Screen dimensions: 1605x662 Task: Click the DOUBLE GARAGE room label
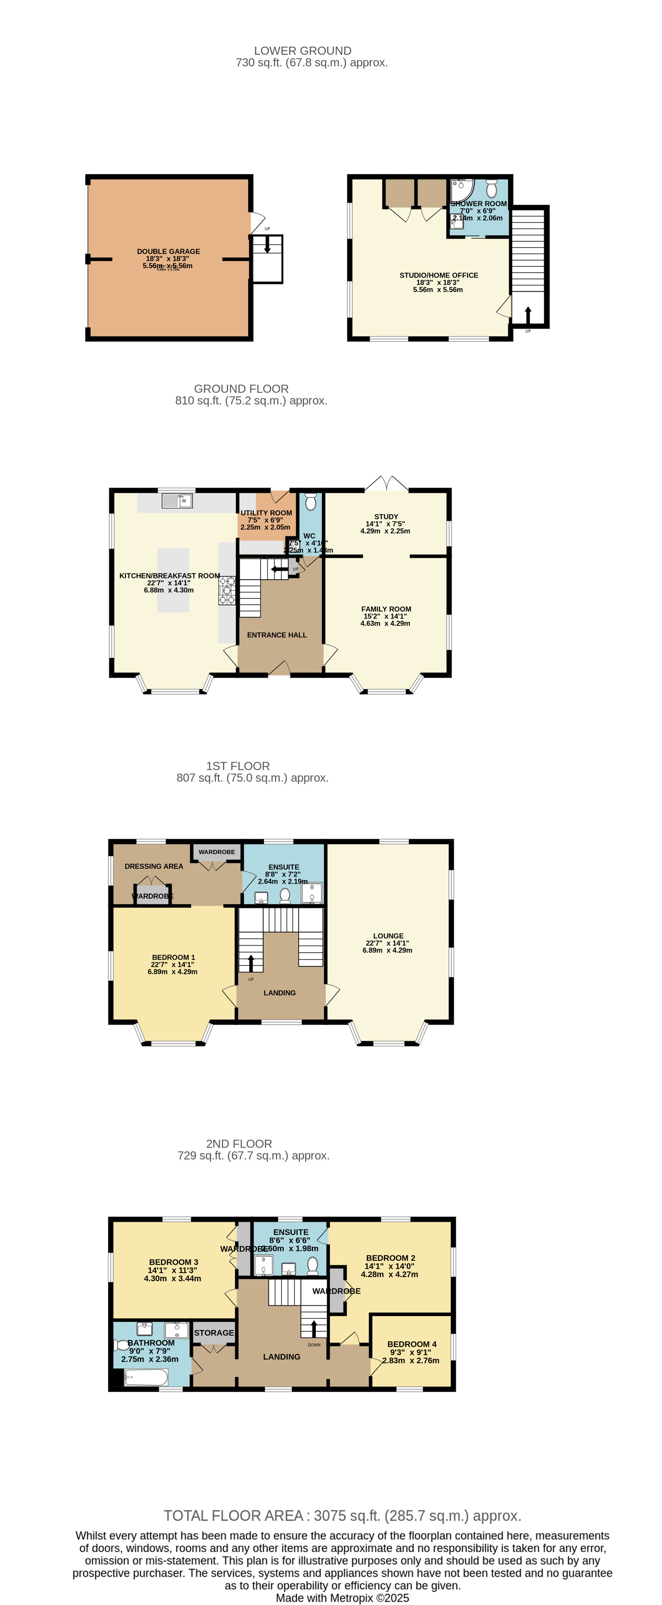[168, 252]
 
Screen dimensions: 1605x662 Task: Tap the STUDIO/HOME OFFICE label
[438, 275]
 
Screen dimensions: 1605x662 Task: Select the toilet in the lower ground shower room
[491, 188]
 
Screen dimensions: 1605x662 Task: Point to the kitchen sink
[177, 500]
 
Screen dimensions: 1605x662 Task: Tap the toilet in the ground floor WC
[311, 502]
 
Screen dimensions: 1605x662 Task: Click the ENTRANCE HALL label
[277, 635]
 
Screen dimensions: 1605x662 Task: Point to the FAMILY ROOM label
[386, 609]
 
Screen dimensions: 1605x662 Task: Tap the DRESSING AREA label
[154, 866]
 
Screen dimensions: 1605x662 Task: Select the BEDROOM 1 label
[173, 957]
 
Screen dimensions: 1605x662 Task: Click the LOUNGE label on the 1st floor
[388, 936]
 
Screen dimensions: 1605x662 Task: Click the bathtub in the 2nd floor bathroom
[147, 1376]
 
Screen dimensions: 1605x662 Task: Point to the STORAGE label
[214, 1333]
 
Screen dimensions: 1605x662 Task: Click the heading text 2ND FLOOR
[239, 1144]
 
